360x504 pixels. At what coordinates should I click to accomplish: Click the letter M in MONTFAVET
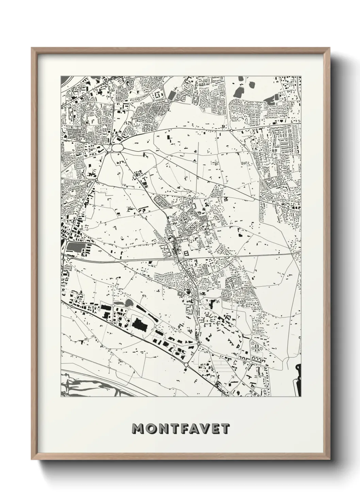pyautogui.click(x=138, y=428)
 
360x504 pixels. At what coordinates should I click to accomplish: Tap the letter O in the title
pyautogui.click(x=151, y=428)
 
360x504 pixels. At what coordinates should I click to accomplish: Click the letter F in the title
pyautogui.click(x=186, y=428)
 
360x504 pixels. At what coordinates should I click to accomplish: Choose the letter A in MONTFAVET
pyautogui.click(x=197, y=428)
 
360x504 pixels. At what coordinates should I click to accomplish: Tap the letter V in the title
pyautogui.click(x=208, y=428)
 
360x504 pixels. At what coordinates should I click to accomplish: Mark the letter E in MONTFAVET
pyautogui.click(x=218, y=428)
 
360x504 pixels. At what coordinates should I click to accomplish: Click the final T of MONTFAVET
pyautogui.click(x=228, y=428)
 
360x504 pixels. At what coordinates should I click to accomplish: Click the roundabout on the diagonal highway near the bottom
pyautogui.click(x=186, y=365)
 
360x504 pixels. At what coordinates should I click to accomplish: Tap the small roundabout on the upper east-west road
pyautogui.click(x=231, y=130)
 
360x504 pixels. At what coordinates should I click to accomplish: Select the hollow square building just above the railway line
pyautogui.click(x=186, y=253)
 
